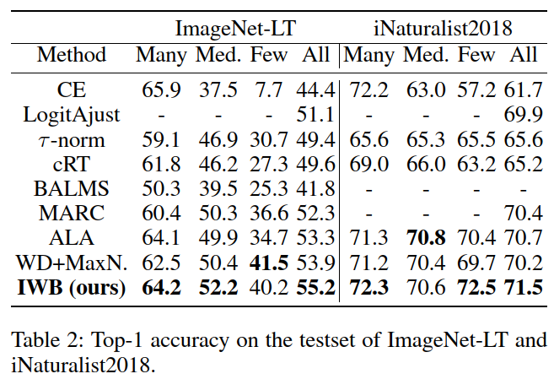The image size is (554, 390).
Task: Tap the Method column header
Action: (x=72, y=56)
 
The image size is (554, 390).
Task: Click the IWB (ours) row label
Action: (x=72, y=289)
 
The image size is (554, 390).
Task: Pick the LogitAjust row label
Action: (x=72, y=113)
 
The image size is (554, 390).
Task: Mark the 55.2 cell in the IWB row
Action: (x=316, y=289)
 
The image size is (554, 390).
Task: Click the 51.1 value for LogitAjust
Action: (x=316, y=113)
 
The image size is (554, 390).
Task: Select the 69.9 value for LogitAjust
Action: (x=523, y=113)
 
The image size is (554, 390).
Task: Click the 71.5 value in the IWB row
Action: (x=523, y=289)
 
